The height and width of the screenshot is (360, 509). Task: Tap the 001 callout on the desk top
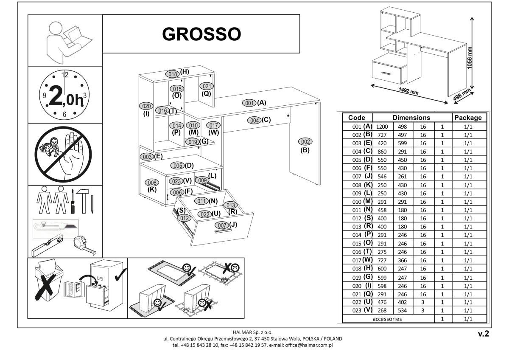[249, 103]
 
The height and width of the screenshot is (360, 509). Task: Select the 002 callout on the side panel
[305, 141]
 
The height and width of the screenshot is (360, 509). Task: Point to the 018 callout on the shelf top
[172, 73]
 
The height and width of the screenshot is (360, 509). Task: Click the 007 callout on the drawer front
[221, 225]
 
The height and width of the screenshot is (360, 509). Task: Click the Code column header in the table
[357, 117]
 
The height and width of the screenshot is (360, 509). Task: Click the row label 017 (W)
[357, 259]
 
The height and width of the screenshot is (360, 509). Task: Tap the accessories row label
[387, 318]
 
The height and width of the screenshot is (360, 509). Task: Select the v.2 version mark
[484, 334]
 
